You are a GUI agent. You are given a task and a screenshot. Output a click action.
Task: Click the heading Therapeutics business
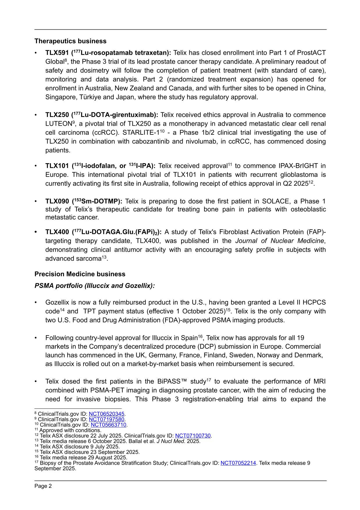point(70,41)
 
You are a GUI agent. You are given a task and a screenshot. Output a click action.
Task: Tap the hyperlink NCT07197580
point(106,419)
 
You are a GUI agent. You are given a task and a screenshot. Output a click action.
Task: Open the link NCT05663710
point(108,425)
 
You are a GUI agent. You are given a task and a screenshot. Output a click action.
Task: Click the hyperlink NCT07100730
point(193,436)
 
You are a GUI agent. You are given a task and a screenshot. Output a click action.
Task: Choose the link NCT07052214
point(238,463)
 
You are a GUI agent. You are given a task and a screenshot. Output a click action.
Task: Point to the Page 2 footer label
point(43,486)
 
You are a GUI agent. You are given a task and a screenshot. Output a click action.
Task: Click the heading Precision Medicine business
point(80,274)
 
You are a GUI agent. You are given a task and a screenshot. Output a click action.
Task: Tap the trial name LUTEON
point(58,124)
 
